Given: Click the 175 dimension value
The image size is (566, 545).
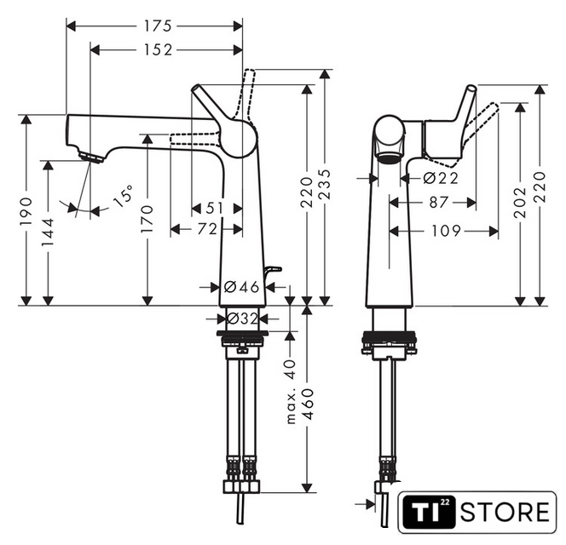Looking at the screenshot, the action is click(x=158, y=26).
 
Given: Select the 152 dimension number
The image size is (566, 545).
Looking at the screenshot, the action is click(x=158, y=49).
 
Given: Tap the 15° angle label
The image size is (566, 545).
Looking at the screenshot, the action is click(x=123, y=196).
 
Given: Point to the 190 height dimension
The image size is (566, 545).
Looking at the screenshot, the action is click(x=26, y=211).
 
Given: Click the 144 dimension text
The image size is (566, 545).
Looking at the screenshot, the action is click(x=47, y=232).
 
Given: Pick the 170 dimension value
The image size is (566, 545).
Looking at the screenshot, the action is click(x=147, y=219).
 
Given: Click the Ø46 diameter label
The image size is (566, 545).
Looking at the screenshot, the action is click(x=241, y=287).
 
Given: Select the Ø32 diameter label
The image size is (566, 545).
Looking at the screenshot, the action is click(x=242, y=318).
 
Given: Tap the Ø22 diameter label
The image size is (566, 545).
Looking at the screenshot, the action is click(x=441, y=178).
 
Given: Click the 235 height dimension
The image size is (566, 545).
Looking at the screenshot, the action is click(x=325, y=184).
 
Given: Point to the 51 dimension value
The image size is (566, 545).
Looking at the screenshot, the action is click(x=215, y=208).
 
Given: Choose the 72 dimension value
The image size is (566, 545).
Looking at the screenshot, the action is click(x=207, y=229).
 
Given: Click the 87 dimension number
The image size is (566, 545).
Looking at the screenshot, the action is click(x=439, y=203).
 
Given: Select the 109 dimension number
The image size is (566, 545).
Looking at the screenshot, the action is click(x=446, y=231).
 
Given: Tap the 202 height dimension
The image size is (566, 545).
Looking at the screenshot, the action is click(x=520, y=203).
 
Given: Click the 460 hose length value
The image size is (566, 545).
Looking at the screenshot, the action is click(x=308, y=404).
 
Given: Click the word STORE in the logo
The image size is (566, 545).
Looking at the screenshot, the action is click(x=505, y=512).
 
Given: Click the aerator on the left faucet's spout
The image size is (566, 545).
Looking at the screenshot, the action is click(x=91, y=157).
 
